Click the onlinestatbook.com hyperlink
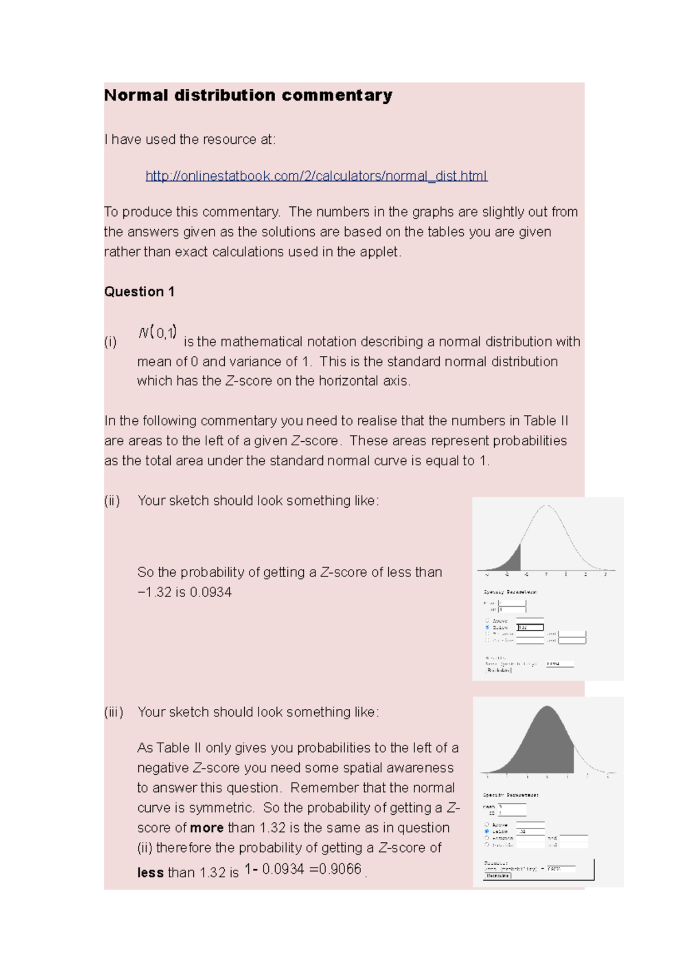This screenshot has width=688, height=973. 316,176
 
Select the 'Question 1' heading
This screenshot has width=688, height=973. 139,292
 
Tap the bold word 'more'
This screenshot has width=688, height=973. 206,828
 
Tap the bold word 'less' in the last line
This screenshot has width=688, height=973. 150,873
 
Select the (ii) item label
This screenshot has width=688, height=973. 112,501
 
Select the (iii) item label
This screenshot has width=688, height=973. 114,712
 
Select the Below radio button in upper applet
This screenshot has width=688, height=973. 487,627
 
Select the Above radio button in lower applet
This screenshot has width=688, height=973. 487,825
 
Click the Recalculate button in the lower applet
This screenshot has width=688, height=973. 497,876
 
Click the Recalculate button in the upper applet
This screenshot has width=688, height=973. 498,670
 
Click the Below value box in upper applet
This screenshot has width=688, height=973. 530,627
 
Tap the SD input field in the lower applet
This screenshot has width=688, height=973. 512,813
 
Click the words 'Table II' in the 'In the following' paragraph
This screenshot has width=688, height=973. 545,421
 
